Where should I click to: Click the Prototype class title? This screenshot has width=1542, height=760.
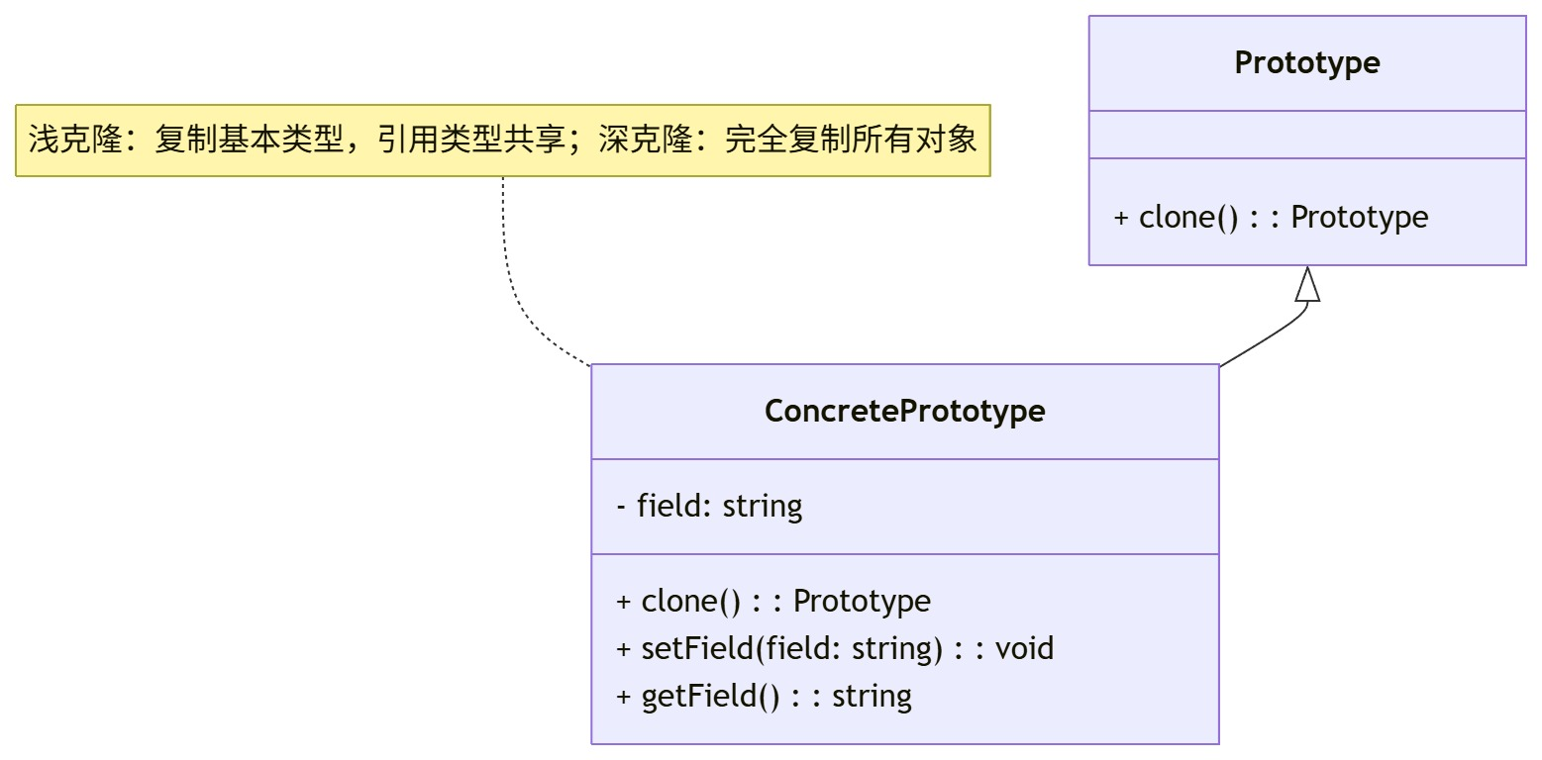click(x=1306, y=62)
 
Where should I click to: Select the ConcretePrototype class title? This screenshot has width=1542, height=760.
click(x=904, y=411)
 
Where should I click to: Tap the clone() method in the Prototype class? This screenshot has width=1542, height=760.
click(x=1271, y=217)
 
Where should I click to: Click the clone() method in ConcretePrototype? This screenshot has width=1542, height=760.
click(x=773, y=601)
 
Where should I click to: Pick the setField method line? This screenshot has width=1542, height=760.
click(x=835, y=648)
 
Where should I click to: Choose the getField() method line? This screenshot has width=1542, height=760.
click(x=764, y=696)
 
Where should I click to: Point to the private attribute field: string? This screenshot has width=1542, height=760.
click(x=709, y=506)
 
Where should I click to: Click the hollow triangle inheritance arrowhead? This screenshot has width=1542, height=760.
click(x=1307, y=285)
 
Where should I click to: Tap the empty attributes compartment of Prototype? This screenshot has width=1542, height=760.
click(x=1306, y=135)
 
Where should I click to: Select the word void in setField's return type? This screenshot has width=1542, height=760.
click(x=1024, y=648)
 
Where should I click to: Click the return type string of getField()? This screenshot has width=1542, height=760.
click(x=872, y=696)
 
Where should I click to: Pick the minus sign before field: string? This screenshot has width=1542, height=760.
click(x=621, y=506)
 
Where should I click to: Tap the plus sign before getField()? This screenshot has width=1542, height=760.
click(x=623, y=696)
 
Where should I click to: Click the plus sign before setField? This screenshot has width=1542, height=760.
click(x=623, y=648)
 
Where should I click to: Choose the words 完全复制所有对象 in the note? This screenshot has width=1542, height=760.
click(x=851, y=140)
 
